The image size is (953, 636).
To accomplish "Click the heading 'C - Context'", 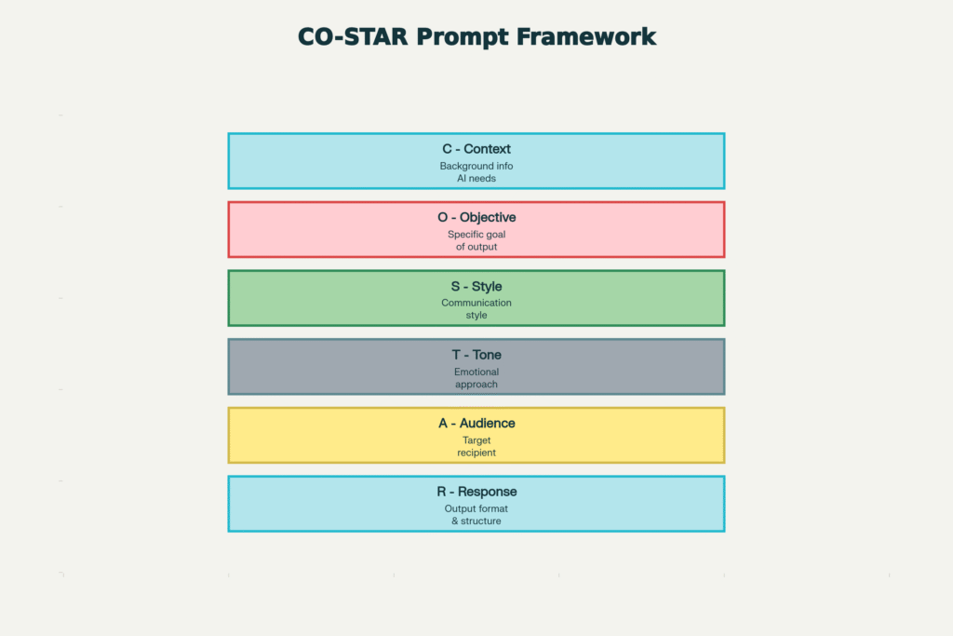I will pyautogui.click(x=476, y=149).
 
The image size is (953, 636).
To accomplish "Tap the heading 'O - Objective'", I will pyautogui.click(x=476, y=218).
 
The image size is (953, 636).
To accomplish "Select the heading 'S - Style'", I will pyautogui.click(x=476, y=287).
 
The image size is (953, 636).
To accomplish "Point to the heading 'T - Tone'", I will pyautogui.click(x=476, y=355).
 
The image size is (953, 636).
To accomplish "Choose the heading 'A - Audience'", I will pyautogui.click(x=476, y=424).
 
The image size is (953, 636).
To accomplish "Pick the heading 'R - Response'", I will pyautogui.click(x=476, y=492).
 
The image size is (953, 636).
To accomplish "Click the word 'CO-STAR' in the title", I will pyautogui.click(x=353, y=37).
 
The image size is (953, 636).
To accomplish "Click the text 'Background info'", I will pyautogui.click(x=476, y=167).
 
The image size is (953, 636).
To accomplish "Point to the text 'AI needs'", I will pyautogui.click(x=476, y=179).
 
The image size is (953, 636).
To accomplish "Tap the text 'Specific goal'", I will pyautogui.click(x=476, y=236).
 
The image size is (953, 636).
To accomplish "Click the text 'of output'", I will pyautogui.click(x=476, y=248).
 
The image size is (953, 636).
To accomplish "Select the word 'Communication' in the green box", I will pyautogui.click(x=476, y=304).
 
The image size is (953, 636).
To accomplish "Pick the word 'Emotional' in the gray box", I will pyautogui.click(x=476, y=372).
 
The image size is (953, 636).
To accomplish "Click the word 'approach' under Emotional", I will pyautogui.click(x=476, y=385).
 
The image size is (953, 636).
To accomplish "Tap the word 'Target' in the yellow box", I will pyautogui.click(x=476, y=440).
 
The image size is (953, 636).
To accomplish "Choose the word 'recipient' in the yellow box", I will pyautogui.click(x=476, y=453).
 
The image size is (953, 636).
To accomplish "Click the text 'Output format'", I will pyautogui.click(x=476, y=509).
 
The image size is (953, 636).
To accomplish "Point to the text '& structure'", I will pyautogui.click(x=476, y=521).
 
